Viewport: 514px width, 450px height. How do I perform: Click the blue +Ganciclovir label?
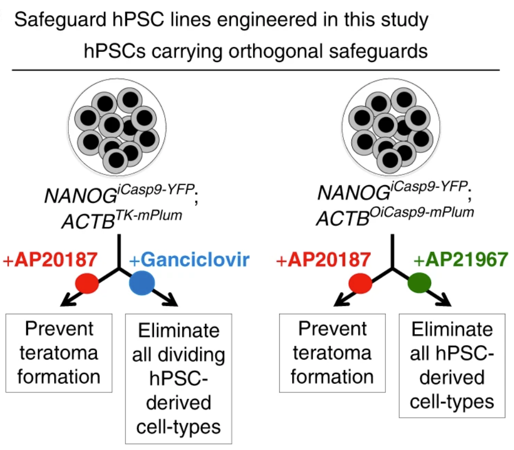(189, 260)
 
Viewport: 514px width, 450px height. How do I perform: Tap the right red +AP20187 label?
(324, 260)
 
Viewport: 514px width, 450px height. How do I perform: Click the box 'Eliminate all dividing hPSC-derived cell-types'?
(178, 377)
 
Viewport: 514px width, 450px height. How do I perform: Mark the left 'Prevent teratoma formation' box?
(59, 352)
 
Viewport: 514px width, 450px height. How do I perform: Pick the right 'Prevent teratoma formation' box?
(331, 352)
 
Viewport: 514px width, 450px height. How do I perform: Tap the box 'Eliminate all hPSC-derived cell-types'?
(452, 365)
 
